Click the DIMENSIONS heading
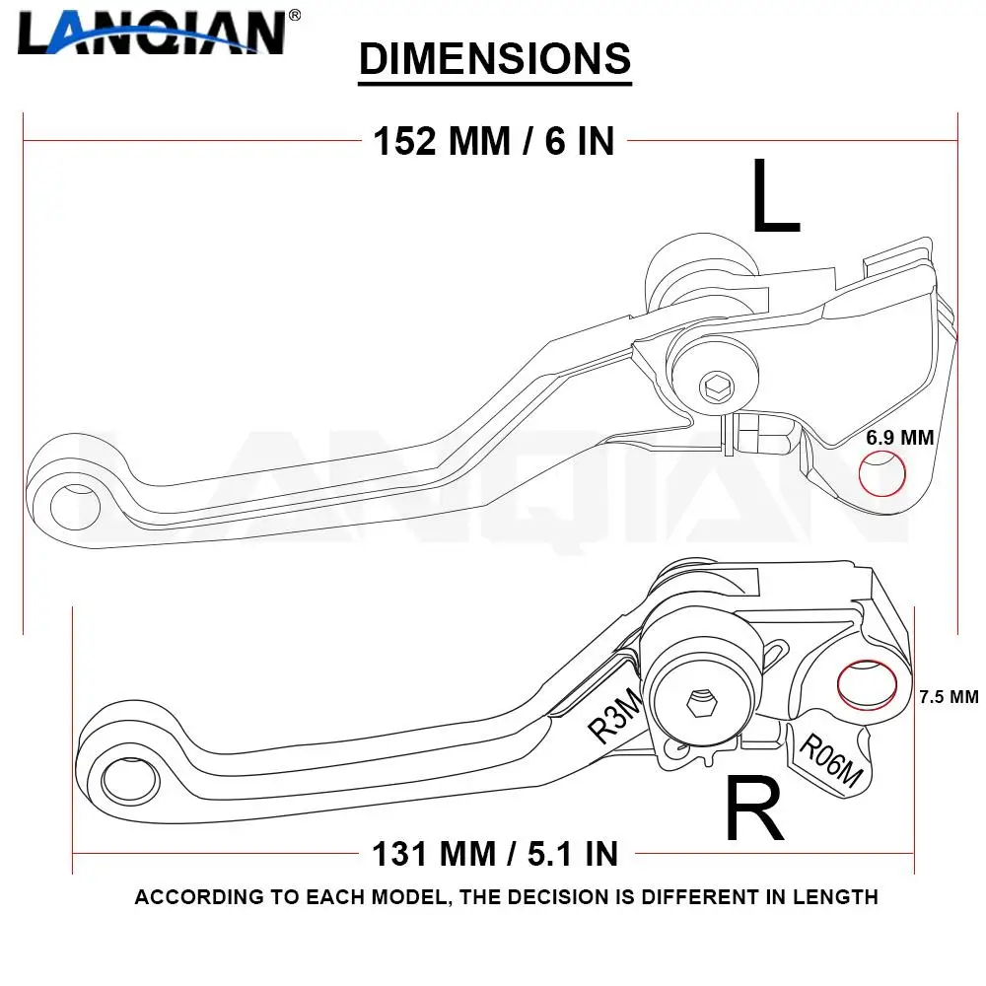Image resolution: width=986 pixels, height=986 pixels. pyautogui.click(x=494, y=59)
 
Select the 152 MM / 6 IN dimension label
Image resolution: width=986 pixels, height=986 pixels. pyautogui.click(x=493, y=142)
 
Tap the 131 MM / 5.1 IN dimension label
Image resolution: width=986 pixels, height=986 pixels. pyautogui.click(x=495, y=852)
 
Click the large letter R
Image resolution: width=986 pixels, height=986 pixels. pyautogui.click(x=754, y=809)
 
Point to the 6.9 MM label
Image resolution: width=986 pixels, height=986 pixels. pyautogui.click(x=899, y=438)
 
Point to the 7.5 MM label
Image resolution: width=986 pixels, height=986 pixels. pyautogui.click(x=949, y=696)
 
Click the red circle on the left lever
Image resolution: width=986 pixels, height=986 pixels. pyautogui.click(x=882, y=474)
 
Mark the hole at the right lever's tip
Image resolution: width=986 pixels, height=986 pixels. pyautogui.click(x=129, y=779)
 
